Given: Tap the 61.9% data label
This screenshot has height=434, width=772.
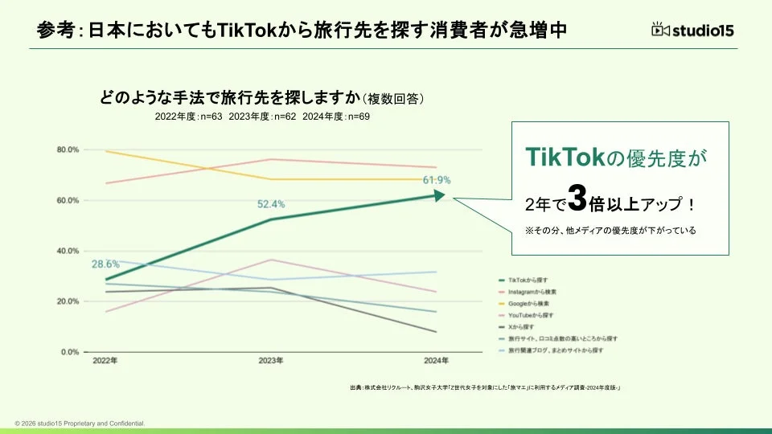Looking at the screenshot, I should [x=437, y=180].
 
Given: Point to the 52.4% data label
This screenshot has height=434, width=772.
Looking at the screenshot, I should [x=271, y=204].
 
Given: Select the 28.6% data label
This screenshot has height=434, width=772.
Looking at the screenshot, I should [x=105, y=264].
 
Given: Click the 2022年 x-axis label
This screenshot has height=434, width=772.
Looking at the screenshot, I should [x=105, y=361].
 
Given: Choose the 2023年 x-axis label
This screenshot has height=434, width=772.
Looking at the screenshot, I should [x=271, y=361].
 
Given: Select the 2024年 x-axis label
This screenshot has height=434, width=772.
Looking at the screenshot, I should [x=437, y=361].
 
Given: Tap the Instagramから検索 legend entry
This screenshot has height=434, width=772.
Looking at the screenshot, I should [x=532, y=291].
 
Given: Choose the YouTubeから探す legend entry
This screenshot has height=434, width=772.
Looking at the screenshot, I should [x=531, y=315].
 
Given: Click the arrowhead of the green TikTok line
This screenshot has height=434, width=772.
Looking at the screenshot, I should [x=438, y=194].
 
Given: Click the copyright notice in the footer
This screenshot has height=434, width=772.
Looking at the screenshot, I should [x=80, y=423].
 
